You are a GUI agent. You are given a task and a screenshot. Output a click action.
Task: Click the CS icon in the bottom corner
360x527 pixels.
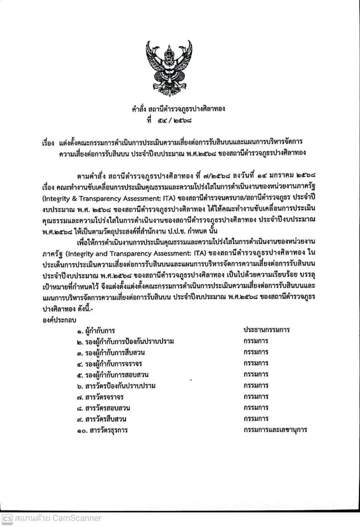tap(7, 519)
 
